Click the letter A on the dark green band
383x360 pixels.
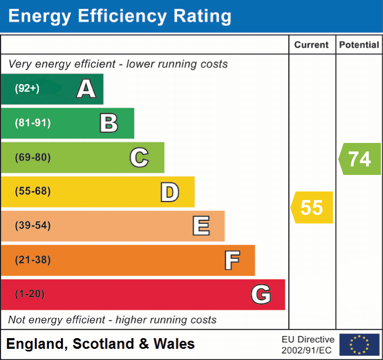pos(86,89)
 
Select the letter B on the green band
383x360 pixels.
pos(109,123)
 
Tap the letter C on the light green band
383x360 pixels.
pos(139,157)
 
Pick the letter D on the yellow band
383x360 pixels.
pos(169,192)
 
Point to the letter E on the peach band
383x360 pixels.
pos(200,226)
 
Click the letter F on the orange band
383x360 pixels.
pos(231,260)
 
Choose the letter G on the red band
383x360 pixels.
pos(261,294)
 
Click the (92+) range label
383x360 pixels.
pos(27,89)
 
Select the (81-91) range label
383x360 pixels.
pos(32,123)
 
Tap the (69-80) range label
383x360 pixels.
pos(32,157)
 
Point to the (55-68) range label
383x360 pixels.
pos(32,191)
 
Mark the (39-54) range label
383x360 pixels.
pos(32,226)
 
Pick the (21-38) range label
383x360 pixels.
pos(32,260)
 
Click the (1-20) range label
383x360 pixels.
pos(30,294)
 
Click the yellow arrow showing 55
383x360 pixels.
pos(312,207)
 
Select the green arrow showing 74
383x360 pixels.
pos(360,159)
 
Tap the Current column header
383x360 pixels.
pos(312,45)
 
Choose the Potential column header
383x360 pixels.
pos(359,45)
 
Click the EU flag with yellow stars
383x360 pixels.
pos(359,345)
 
